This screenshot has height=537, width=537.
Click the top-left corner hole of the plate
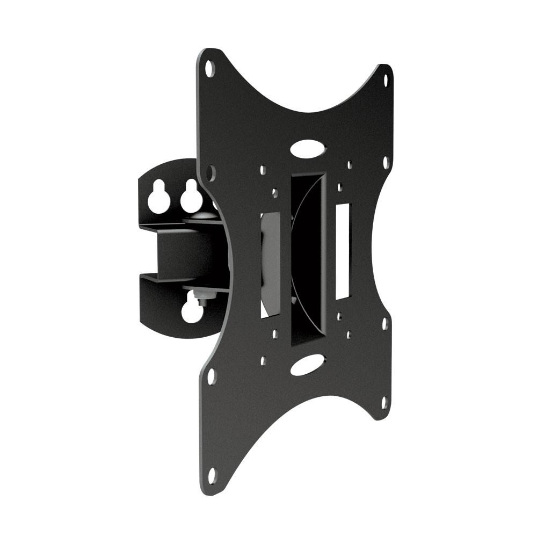pos(210,68)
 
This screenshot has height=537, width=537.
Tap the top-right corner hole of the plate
pos(385,81)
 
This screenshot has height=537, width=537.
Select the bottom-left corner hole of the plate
pos(212,475)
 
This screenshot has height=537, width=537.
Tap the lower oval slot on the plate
pos(308,365)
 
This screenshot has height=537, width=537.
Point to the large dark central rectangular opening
pos(308,258)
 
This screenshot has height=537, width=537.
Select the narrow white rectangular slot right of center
pos(342,251)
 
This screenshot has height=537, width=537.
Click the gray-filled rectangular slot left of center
pos(270,263)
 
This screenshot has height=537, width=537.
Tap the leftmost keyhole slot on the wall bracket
pos(159,197)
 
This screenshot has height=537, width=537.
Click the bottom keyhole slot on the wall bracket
pos(192,310)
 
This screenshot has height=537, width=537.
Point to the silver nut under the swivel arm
pos(204,295)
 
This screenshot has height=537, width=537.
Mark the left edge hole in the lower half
pos(212,376)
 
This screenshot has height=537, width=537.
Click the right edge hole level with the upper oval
pos(386,162)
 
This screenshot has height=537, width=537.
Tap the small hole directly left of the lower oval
pos(263,361)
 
